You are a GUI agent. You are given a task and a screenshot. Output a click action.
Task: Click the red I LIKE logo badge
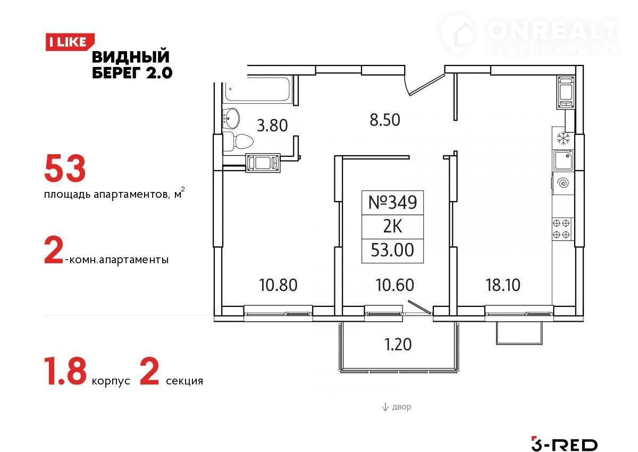[x=70, y=42]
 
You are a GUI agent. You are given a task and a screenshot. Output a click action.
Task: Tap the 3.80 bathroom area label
[x=272, y=125]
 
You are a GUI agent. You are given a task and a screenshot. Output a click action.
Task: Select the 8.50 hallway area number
[x=385, y=120]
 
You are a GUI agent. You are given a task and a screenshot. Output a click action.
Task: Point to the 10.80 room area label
[x=278, y=285]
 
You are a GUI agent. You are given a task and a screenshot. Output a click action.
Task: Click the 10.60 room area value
[x=394, y=285]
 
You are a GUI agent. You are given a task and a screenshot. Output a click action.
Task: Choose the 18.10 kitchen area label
[x=503, y=285]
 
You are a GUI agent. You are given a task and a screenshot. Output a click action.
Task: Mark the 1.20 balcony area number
[x=398, y=345]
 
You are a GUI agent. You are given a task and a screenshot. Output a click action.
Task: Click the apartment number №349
[x=393, y=203]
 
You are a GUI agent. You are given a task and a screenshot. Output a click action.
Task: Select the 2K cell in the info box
[x=393, y=227]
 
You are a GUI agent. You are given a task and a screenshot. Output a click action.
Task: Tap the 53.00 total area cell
[x=392, y=250]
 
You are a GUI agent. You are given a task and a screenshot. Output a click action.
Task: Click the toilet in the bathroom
[x=238, y=141]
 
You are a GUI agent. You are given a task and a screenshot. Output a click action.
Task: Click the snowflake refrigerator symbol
[x=564, y=138]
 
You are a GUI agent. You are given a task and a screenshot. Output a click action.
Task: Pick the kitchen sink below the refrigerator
[x=563, y=161]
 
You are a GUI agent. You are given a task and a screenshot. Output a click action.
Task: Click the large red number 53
[x=65, y=169]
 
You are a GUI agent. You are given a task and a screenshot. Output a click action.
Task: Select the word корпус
[x=111, y=381]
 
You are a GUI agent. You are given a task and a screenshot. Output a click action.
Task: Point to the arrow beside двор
[x=385, y=407]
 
